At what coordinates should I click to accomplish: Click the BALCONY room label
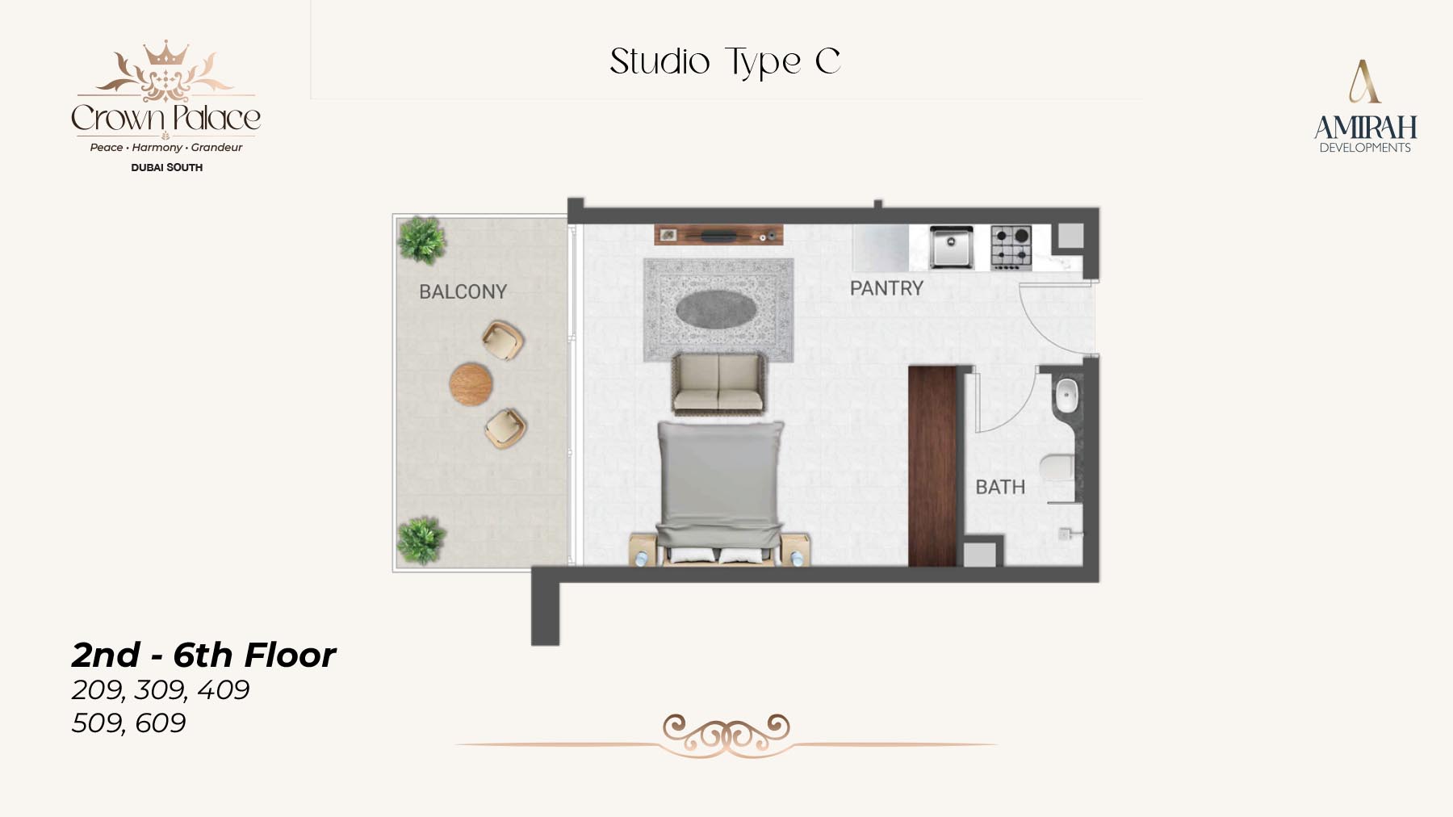point(463,291)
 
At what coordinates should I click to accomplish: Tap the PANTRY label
point(886,288)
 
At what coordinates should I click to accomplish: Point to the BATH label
point(1000,487)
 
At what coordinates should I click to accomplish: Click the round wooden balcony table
point(471,383)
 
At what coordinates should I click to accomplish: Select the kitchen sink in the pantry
point(951,246)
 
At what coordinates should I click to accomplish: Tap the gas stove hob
point(1011,247)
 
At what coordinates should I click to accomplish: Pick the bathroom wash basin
point(1066,396)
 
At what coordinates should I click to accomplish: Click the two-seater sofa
point(718,383)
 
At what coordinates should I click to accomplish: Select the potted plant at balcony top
point(421,240)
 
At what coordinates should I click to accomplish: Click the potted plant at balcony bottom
point(421,540)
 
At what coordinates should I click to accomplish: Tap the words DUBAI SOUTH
point(167,167)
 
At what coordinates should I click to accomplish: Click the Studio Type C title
point(725,62)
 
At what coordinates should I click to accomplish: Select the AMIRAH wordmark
point(1365,128)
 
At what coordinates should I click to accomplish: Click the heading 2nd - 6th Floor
point(203,655)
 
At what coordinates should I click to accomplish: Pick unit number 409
point(223,689)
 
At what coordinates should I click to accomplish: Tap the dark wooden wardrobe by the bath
point(932,466)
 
